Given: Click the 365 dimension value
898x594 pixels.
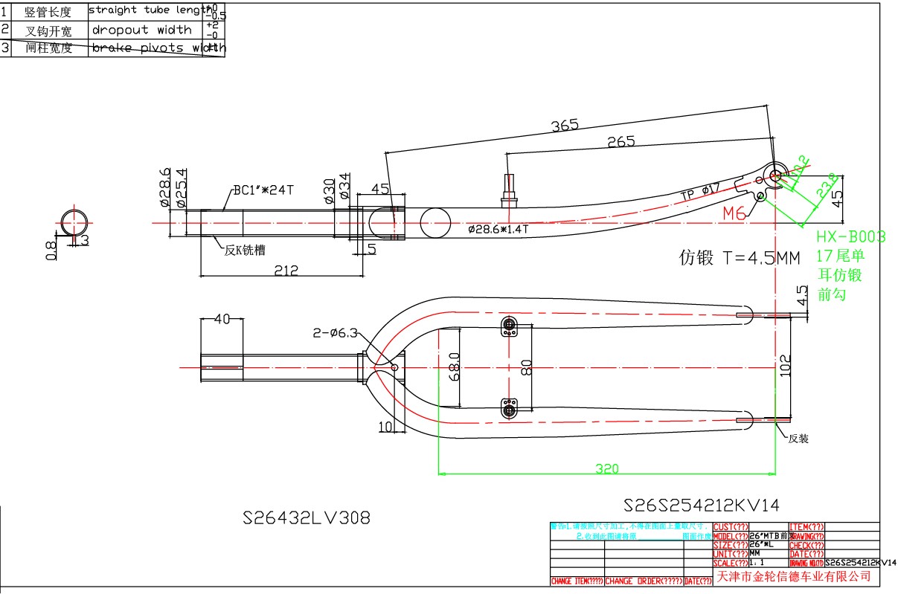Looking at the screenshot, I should [x=565, y=126].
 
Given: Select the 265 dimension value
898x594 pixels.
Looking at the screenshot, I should [x=620, y=141].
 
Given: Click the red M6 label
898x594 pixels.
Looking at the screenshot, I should [x=734, y=214].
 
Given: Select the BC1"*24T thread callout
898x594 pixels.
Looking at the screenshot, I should [x=263, y=190].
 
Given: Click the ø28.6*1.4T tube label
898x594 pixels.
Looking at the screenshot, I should [x=498, y=230].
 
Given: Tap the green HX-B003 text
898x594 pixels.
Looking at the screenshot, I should [x=850, y=237].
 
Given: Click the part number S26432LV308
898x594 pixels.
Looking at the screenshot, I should [x=307, y=517].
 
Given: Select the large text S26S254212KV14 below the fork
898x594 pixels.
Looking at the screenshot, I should [x=702, y=506].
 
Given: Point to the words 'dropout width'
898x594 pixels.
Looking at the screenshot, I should [x=141, y=30].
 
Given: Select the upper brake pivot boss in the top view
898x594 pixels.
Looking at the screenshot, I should [x=510, y=326].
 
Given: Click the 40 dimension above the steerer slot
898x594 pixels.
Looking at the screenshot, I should [x=222, y=319].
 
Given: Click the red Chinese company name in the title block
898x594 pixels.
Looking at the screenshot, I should [x=793, y=576].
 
